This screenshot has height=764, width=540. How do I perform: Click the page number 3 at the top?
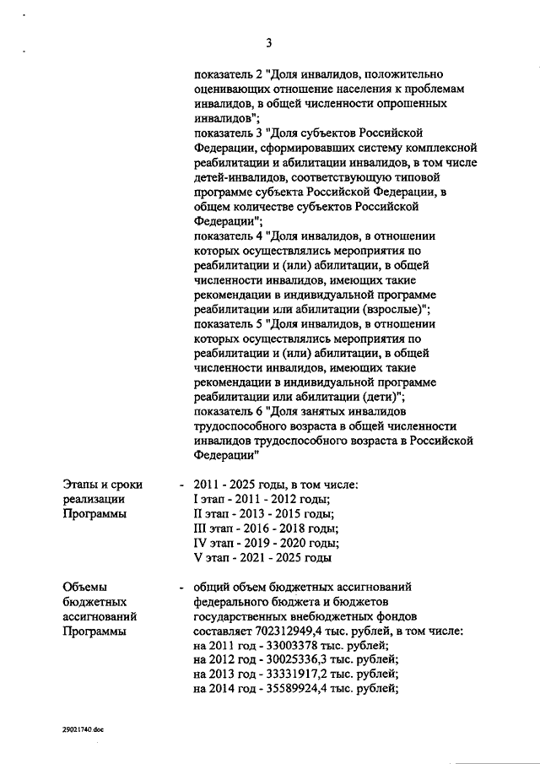pos(267,44)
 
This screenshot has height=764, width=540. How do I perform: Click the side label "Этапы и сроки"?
pos(103,485)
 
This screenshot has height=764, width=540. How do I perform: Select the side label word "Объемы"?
pos(86,588)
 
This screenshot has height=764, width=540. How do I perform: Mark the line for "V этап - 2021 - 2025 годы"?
pos(262,557)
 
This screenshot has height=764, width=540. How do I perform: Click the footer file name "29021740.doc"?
pos(83,728)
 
